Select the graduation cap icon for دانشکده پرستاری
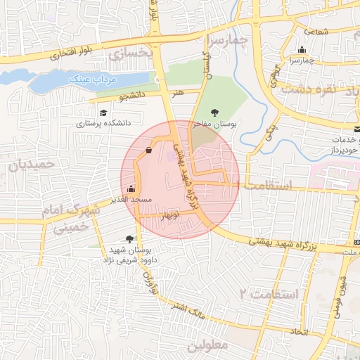[x=103, y=112]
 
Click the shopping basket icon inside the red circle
[x=148, y=150]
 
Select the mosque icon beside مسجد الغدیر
[x=131, y=189]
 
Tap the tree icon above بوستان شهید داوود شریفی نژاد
[x=129, y=239]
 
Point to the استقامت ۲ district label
[x=270, y=292]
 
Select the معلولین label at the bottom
[x=210, y=345]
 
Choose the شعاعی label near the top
[x=316, y=30]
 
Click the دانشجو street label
[x=131, y=94]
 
